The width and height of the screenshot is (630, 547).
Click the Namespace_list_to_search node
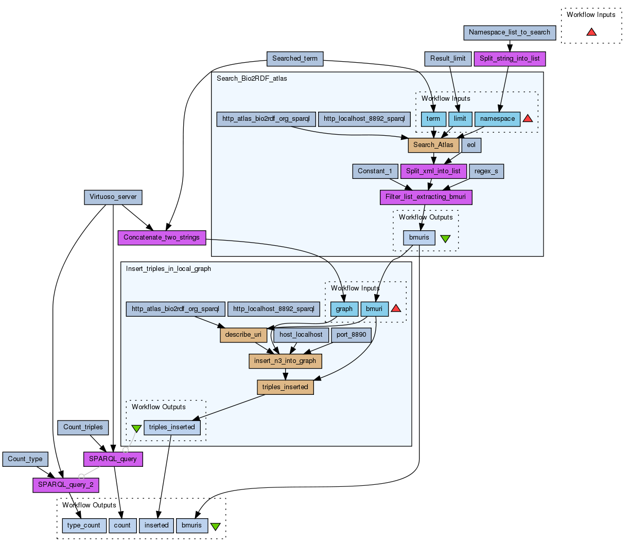pos(510,32)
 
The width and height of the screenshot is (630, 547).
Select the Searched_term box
pos(295,59)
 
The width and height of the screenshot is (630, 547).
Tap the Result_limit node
pos(448,59)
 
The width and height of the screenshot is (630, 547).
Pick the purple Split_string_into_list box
pos(510,59)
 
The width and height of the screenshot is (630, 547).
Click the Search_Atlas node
pos(433,145)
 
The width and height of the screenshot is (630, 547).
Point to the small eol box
pos(471,145)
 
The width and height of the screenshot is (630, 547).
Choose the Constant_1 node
pos(375,171)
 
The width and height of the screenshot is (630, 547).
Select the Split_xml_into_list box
pos(433,171)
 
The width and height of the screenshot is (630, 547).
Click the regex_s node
pos(486,171)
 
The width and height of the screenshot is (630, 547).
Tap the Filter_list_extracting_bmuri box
pos(426,197)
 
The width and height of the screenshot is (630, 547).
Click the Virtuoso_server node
pos(113,197)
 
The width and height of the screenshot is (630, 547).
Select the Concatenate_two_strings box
pos(162,238)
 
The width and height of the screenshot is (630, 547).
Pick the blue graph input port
pos(344,309)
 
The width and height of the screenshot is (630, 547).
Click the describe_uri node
pos(243,335)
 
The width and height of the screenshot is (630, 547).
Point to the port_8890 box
pos(352,335)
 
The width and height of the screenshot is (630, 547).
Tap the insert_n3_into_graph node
pos(285,361)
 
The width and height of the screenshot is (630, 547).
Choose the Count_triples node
pos(83,427)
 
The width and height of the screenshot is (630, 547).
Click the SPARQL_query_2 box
pos(66,485)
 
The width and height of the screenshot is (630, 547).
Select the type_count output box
pos(84,525)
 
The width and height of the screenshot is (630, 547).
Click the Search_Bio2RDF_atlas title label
pos(252,79)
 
